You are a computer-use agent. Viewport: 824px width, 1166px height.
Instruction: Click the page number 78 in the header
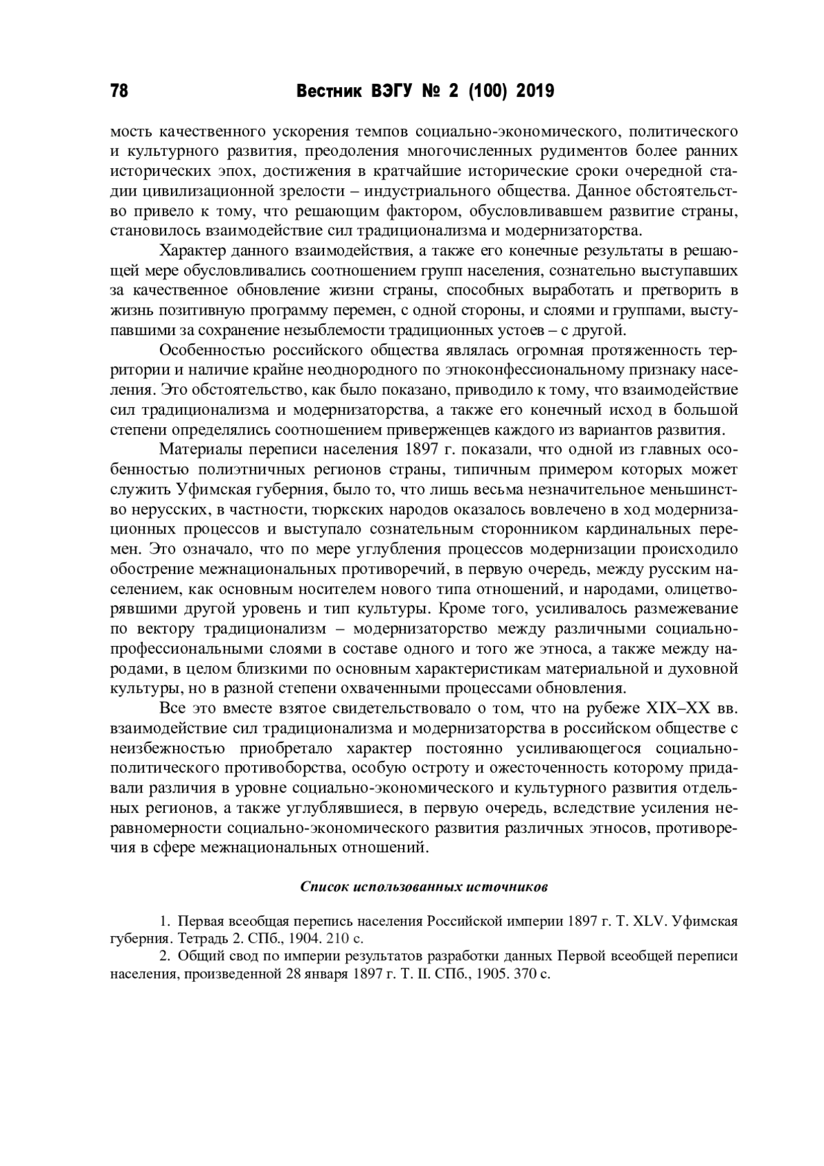coord(119,91)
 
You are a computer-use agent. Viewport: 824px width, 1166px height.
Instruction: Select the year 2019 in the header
coord(534,91)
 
